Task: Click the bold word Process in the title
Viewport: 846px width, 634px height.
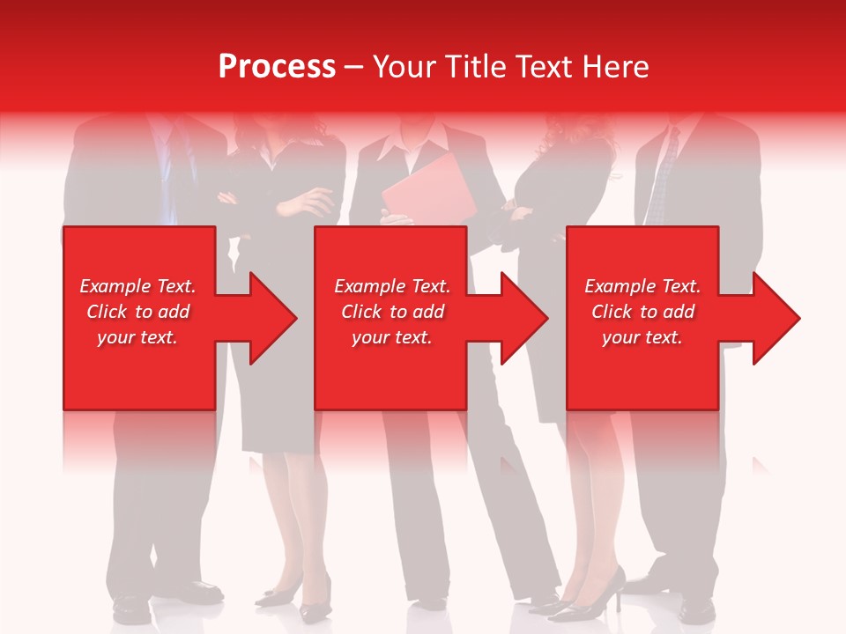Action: (277, 67)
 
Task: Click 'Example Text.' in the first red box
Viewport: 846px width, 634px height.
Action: (138, 286)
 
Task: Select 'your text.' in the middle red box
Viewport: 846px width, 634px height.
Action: (392, 337)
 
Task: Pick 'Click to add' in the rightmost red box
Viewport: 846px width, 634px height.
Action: (642, 312)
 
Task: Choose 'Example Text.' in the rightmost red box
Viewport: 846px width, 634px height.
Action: (642, 286)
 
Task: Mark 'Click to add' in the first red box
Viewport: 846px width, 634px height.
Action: (138, 312)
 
